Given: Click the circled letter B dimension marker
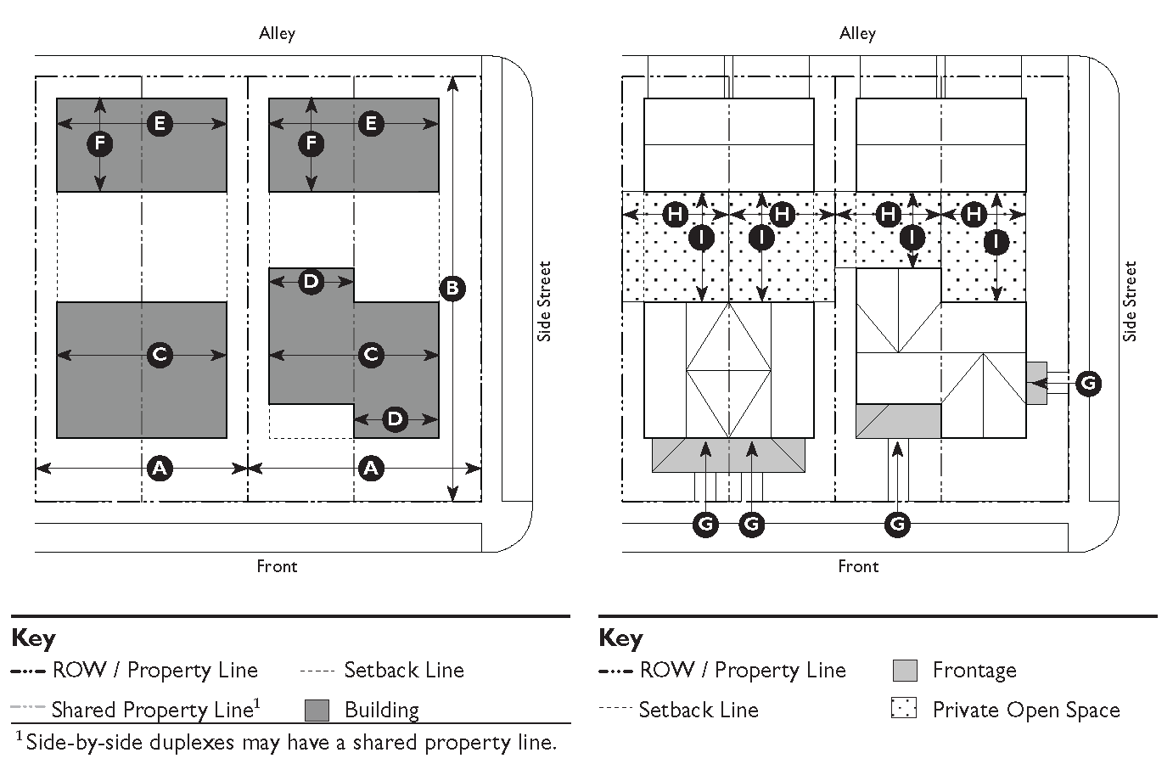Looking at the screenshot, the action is coord(452,288).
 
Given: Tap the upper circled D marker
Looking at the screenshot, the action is coord(311,282).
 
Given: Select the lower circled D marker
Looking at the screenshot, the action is coord(395,419).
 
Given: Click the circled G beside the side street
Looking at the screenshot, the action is coord(1088,384).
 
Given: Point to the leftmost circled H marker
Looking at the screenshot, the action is coord(676,214).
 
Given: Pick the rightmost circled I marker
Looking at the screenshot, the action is coord(996,242).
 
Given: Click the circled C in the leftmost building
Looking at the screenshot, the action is coord(160,355).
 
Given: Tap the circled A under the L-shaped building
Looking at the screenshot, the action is coord(371,468).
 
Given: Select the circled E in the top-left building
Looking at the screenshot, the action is coord(160,124).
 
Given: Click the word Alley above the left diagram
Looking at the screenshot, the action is coord(277,34).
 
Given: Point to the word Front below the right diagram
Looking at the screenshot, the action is coord(858,566).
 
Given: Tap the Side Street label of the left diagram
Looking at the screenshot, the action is coord(544,301).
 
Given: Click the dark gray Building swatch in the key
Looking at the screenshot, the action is coord(317,711).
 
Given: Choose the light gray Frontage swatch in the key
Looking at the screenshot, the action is coord(905,671).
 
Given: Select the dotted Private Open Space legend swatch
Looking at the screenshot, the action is coord(904,707).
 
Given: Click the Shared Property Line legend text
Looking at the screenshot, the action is coord(155,710).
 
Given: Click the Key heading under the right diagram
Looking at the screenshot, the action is coord(620,639).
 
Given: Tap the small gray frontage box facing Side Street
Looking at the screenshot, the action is coord(1036,384).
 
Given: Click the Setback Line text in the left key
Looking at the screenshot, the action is coord(404,671).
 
